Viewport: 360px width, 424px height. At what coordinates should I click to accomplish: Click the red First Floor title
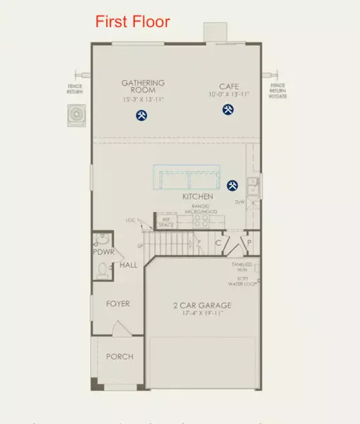133,21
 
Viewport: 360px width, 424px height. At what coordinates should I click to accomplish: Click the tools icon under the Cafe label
228,110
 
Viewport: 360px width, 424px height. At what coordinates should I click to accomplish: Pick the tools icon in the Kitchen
232,185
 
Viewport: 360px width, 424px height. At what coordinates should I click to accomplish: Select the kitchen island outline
187,177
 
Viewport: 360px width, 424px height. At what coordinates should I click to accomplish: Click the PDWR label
103,252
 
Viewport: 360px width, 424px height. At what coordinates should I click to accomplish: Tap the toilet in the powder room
102,269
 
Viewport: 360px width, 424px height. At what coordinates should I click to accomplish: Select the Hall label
128,265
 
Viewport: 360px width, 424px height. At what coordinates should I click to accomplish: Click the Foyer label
118,304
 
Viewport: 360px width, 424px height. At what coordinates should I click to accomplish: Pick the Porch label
120,356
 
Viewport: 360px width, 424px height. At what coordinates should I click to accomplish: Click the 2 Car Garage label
202,305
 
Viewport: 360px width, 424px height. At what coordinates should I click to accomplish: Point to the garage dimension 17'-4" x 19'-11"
203,314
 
